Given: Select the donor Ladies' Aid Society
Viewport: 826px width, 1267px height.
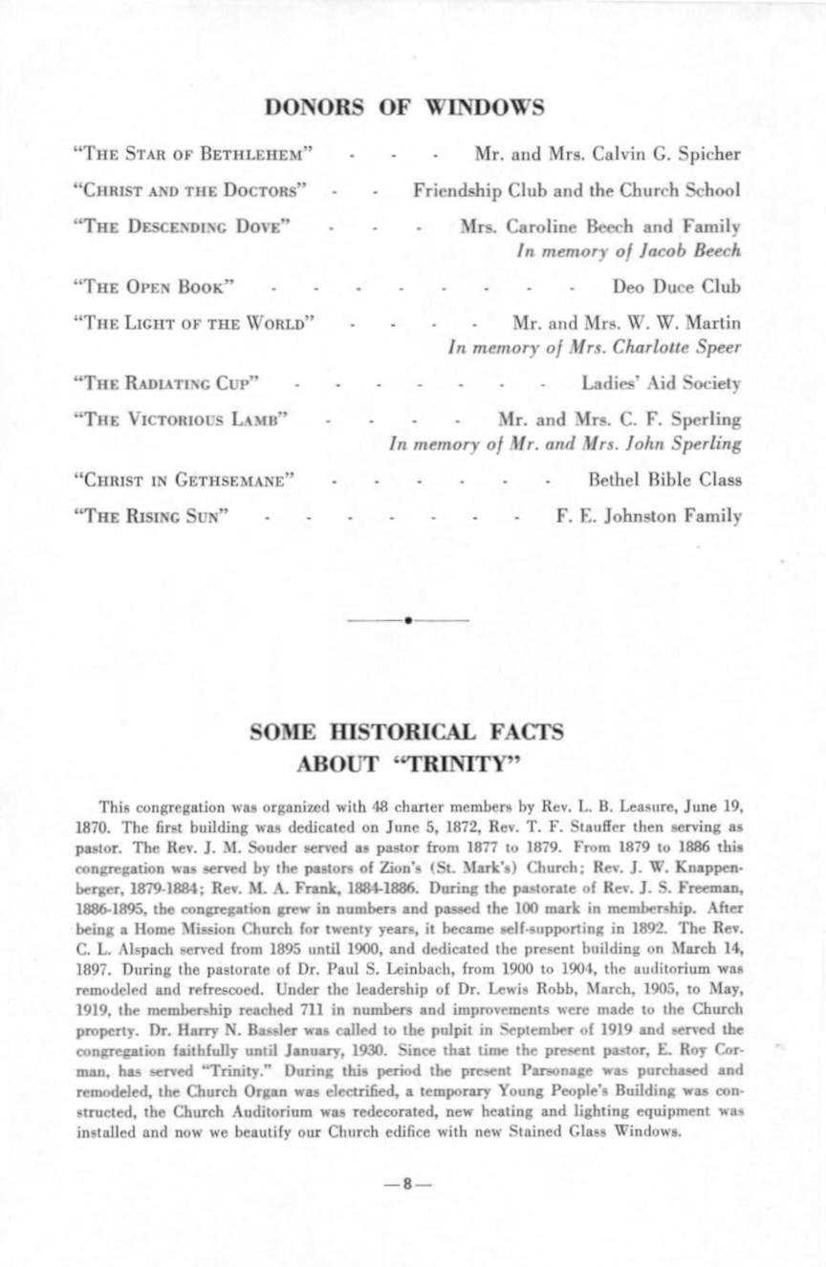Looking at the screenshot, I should coord(662,383).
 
